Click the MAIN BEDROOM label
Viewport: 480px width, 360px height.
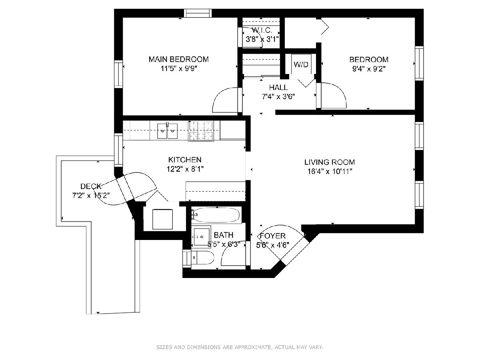point(178,59)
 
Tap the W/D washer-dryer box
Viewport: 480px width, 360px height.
point(301,64)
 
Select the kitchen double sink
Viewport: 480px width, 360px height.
point(167,131)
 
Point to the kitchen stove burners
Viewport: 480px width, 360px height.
point(201,131)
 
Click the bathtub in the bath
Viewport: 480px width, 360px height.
point(216,215)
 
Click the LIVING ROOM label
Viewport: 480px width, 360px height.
point(330,162)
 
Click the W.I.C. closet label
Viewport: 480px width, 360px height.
point(262,30)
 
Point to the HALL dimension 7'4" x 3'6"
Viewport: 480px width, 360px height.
point(278,97)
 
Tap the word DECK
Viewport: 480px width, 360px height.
point(91,186)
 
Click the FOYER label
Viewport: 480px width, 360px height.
point(273,236)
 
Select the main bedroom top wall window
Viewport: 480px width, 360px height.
point(198,13)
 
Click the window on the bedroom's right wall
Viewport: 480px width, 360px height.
point(419,63)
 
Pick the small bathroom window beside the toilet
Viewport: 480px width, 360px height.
point(187,259)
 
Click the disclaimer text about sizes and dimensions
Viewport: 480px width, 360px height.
point(240,347)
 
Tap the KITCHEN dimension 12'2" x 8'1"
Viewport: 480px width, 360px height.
point(185,169)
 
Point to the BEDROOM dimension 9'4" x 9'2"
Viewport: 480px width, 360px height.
point(369,69)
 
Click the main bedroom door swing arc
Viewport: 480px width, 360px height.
point(219,97)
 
